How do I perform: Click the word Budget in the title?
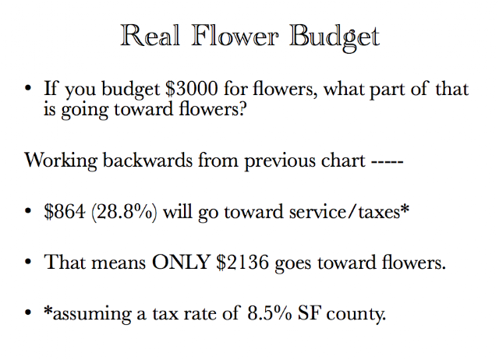tap(334, 37)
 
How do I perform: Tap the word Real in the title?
tap(150, 35)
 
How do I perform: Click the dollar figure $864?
tap(65, 211)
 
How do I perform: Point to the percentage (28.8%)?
tap(124, 212)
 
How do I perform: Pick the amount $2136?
tap(242, 263)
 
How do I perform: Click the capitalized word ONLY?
tap(180, 263)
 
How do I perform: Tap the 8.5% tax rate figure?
tap(270, 313)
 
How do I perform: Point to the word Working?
tap(61, 161)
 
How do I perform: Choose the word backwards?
tap(147, 160)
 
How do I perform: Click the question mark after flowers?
tap(242, 109)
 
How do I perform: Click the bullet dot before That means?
tap(28, 263)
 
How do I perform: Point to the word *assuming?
tap(87, 315)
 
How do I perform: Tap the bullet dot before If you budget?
tap(28, 88)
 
